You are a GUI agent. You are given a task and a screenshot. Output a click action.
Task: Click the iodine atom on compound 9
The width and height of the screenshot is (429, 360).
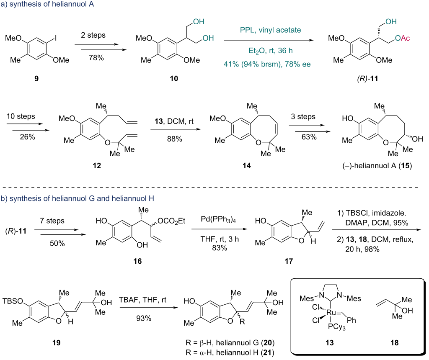[56, 38]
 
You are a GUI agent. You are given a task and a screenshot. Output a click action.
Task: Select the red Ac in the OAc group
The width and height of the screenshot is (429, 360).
[406, 38]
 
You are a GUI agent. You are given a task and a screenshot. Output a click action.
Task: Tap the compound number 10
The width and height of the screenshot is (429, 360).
[174, 79]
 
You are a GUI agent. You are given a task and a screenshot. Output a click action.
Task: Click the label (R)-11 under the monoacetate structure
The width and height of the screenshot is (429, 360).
[367, 79]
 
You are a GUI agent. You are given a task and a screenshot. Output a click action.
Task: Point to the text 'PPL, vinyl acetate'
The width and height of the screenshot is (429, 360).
[270, 30]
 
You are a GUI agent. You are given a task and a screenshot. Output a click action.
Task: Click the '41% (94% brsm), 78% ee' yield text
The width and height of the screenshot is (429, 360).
[267, 64]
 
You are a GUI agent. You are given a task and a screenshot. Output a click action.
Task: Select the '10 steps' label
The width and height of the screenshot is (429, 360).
[21, 116]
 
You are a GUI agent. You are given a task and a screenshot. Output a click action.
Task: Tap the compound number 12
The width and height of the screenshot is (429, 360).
[97, 166]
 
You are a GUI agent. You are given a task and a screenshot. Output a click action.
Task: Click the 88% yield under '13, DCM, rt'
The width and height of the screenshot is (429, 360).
[175, 139]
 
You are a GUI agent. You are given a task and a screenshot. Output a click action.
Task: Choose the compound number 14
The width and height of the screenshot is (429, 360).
[246, 166]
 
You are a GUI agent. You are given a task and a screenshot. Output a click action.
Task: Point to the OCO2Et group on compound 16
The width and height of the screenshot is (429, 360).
[171, 221]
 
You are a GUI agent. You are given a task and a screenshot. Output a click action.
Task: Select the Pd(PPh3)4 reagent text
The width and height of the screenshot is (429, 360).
[218, 219]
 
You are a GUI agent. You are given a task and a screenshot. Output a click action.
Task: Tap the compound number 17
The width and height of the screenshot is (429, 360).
[289, 261]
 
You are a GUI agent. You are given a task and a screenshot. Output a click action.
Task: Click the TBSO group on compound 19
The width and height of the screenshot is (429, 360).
[13, 301]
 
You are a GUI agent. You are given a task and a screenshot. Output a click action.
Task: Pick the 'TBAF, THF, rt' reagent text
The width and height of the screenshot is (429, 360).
[142, 300]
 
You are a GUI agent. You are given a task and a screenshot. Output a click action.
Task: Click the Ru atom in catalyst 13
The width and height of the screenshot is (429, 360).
[331, 312]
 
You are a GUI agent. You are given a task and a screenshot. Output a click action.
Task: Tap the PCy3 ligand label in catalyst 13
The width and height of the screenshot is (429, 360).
[337, 327]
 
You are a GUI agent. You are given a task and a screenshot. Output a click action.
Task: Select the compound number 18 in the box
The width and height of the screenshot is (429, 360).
[394, 343]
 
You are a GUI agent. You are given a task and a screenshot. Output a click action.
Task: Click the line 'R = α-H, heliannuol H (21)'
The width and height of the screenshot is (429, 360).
[230, 352]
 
